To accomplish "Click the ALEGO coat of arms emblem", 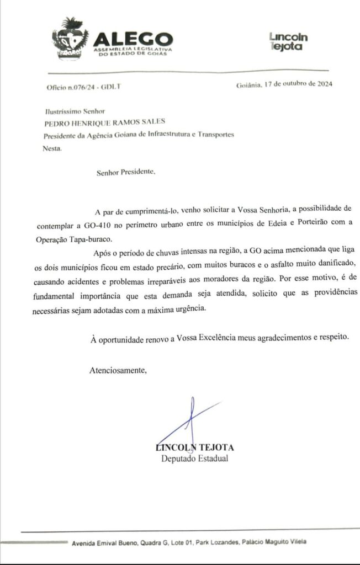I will [70, 37].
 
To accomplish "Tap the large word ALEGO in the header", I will [133, 39].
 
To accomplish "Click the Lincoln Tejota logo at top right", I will [288, 41].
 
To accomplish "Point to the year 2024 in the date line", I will [322, 84].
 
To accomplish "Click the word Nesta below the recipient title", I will [52, 148].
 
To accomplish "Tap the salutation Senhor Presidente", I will [126, 172].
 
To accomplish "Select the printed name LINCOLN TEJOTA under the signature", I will [194, 447].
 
